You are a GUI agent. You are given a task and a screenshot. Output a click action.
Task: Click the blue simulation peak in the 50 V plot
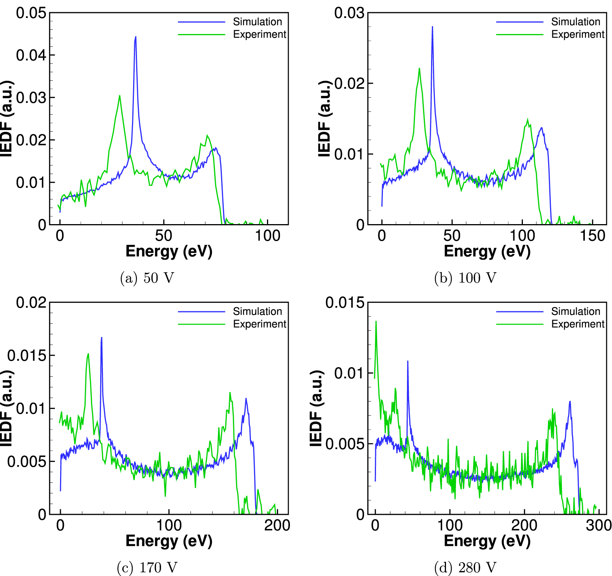tap(135, 37)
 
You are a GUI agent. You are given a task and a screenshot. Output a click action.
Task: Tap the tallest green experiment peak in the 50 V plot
tap(120, 96)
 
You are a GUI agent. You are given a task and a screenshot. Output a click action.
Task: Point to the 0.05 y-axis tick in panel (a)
tap(31, 13)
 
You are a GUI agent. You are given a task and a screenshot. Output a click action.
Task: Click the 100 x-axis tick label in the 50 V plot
tap(267, 236)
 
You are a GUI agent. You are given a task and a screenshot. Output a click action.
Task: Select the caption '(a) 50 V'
tap(147, 278)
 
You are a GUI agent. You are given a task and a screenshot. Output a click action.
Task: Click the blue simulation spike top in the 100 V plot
tap(432, 27)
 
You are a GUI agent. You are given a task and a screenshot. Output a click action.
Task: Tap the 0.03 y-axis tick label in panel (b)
tap(349, 13)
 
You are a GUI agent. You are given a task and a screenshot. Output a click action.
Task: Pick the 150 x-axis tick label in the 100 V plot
tap(592, 236)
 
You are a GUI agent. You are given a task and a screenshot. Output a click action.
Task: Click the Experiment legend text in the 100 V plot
tap(578, 34)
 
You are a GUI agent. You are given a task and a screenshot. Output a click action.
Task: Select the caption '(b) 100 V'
tap(465, 278)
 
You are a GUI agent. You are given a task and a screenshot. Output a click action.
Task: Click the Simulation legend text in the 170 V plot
tap(257, 311)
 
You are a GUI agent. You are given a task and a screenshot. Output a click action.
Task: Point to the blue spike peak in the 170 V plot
tap(101, 338)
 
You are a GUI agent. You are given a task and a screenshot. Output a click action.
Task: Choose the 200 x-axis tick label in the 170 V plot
tap(277, 525)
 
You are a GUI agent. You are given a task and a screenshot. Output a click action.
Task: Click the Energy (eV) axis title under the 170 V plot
tap(169, 541)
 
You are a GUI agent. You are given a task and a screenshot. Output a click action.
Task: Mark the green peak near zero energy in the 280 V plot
tap(376, 322)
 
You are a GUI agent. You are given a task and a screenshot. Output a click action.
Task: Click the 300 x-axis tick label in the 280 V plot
tap(598, 525)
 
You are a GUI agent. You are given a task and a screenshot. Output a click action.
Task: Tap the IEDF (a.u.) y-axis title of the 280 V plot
tap(316, 408)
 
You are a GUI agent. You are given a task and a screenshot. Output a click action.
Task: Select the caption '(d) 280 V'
tap(465, 568)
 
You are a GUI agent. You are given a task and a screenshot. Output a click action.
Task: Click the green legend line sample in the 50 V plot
tap(202, 35)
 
